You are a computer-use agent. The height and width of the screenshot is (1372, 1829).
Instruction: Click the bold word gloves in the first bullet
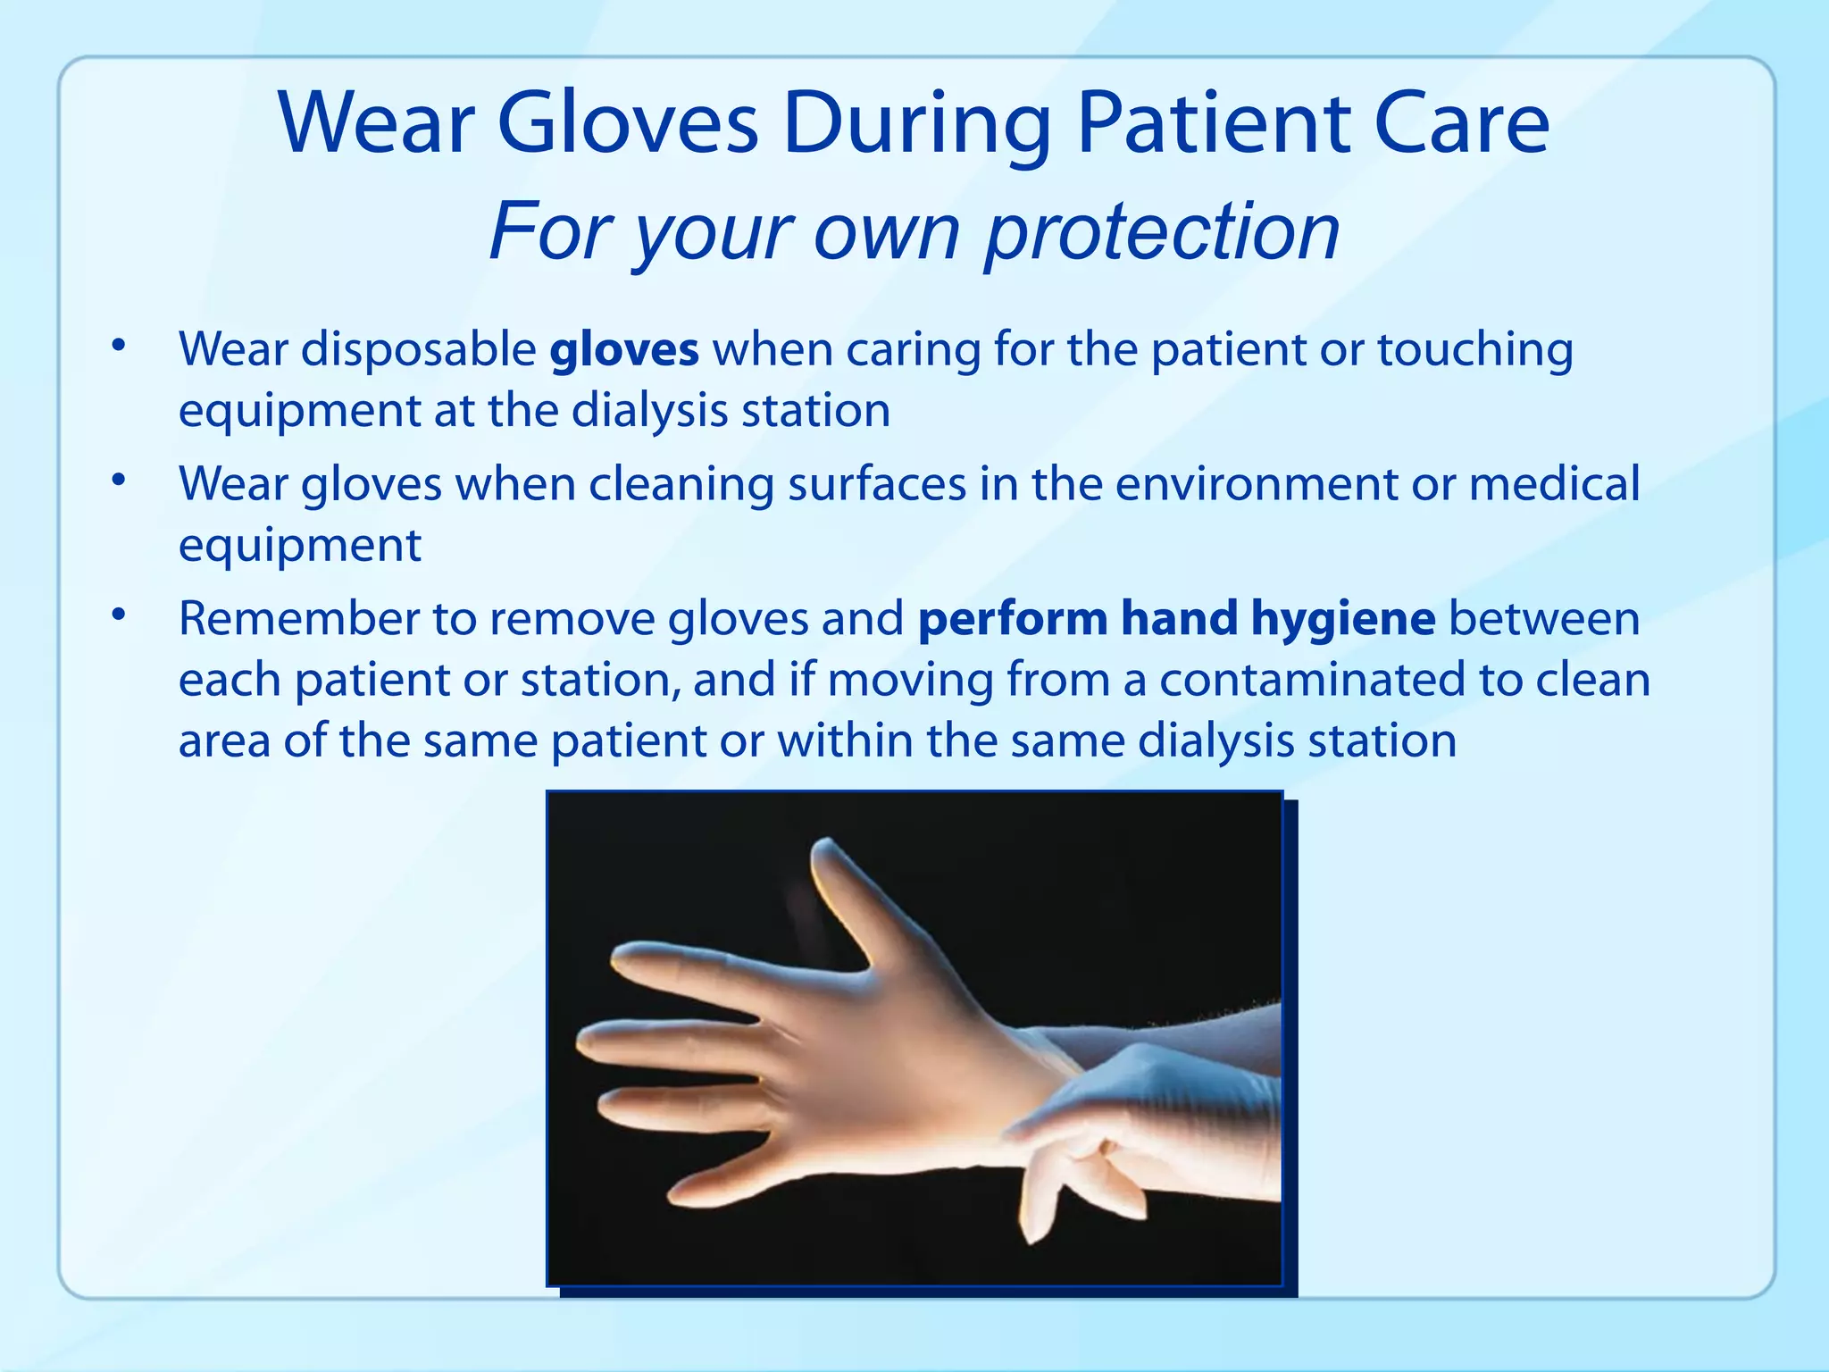623,349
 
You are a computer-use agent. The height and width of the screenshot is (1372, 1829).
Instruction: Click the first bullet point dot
118,346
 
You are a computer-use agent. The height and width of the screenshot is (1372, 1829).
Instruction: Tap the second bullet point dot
118,481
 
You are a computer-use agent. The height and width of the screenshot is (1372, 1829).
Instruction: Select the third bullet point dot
118,615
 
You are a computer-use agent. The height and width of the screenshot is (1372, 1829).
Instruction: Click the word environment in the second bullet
1256,483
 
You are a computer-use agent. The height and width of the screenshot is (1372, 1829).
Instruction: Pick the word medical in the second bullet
1554,483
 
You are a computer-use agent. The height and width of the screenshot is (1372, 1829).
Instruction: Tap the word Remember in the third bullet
298,618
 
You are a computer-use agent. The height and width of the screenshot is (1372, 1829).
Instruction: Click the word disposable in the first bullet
418,349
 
